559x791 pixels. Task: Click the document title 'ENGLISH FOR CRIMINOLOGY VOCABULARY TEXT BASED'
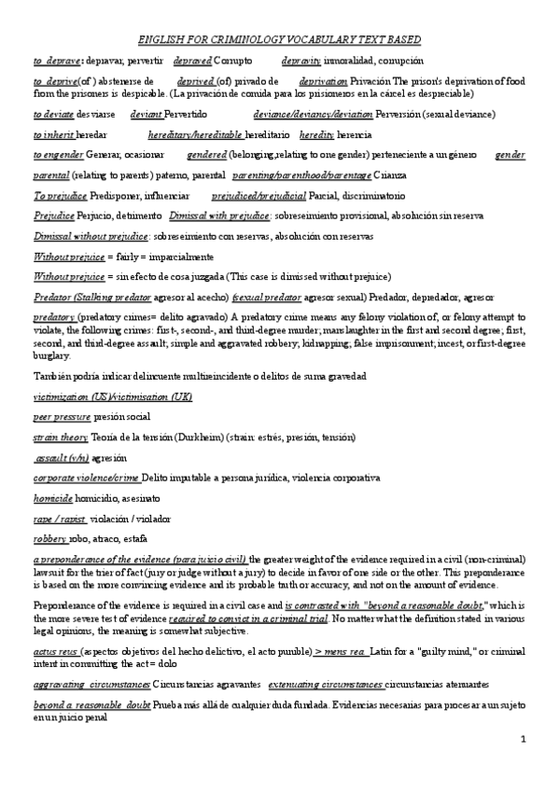click(279, 39)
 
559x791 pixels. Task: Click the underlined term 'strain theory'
click(61, 437)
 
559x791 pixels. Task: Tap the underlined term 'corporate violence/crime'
click(87, 478)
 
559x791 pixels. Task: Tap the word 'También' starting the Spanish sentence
click(51, 376)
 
